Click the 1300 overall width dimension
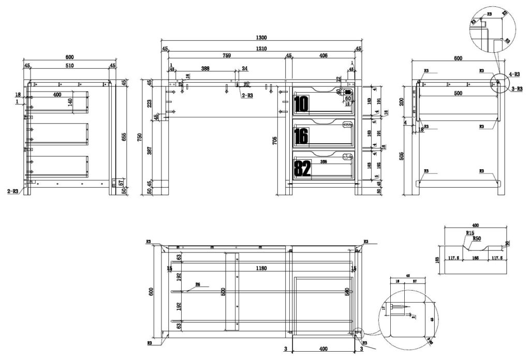coord(261,37)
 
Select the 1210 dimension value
coord(261,49)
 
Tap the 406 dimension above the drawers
coord(323,55)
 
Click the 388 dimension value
coord(205,68)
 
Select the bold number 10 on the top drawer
coord(301,104)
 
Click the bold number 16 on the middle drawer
coord(301,137)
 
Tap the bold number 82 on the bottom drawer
coord(302,169)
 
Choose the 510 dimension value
coord(69,66)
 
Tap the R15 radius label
coord(469,233)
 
